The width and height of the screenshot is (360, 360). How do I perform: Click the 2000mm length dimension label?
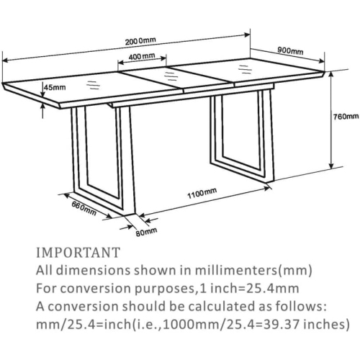[x=140, y=41]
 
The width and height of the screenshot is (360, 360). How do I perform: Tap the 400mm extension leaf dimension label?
[x=142, y=56]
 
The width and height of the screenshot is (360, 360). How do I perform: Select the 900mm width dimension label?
[x=290, y=50]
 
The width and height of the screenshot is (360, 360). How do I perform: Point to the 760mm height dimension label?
[x=346, y=117]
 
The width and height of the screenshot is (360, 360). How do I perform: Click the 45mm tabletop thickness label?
[x=55, y=87]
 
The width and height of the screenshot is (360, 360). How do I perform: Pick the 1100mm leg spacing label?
[x=202, y=193]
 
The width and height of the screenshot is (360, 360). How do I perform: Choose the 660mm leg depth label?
[x=84, y=208]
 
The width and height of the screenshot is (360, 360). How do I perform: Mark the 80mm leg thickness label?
[x=146, y=232]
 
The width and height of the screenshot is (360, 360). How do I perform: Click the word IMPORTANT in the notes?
[x=78, y=253]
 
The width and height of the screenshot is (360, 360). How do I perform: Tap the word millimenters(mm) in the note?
[x=253, y=270]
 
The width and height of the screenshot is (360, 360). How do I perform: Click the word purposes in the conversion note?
[x=163, y=289]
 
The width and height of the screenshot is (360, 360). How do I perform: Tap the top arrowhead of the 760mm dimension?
[x=331, y=75]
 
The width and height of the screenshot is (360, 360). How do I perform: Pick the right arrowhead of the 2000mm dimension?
[x=247, y=35]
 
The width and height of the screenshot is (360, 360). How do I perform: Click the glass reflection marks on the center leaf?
[x=170, y=74]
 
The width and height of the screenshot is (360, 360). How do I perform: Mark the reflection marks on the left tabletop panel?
[x=93, y=85]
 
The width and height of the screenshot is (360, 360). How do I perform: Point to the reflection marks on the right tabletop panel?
[x=245, y=69]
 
